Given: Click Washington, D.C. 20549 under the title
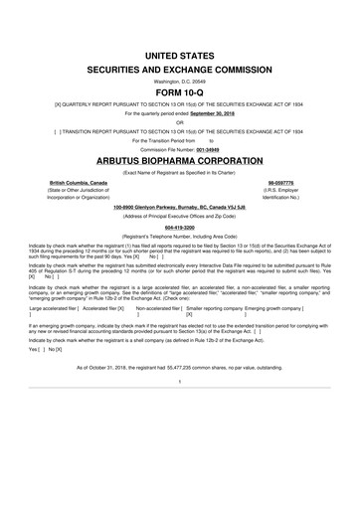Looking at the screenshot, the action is (x=180, y=80).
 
